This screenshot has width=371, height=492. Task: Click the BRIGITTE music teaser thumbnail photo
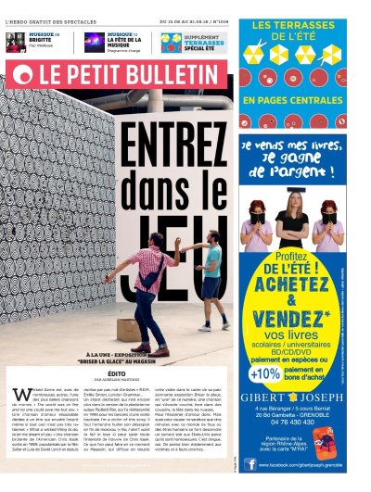pyautogui.click(x=16, y=42)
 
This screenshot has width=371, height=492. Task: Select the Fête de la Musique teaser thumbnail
pyautogui.click(x=94, y=42)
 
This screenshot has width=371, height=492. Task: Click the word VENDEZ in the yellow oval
pyautogui.click(x=291, y=318)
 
